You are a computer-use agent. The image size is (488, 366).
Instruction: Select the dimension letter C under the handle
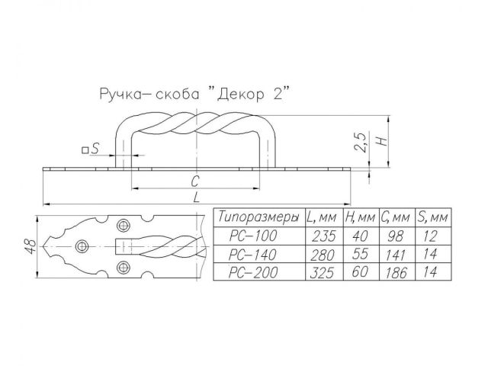(x=196, y=181)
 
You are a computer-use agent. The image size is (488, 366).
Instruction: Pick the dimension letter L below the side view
(x=196, y=197)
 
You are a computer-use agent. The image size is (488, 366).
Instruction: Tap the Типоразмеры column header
(x=258, y=218)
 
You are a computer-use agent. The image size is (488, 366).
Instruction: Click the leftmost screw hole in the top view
(x=82, y=246)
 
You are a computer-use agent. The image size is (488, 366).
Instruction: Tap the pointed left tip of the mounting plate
(x=44, y=246)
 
